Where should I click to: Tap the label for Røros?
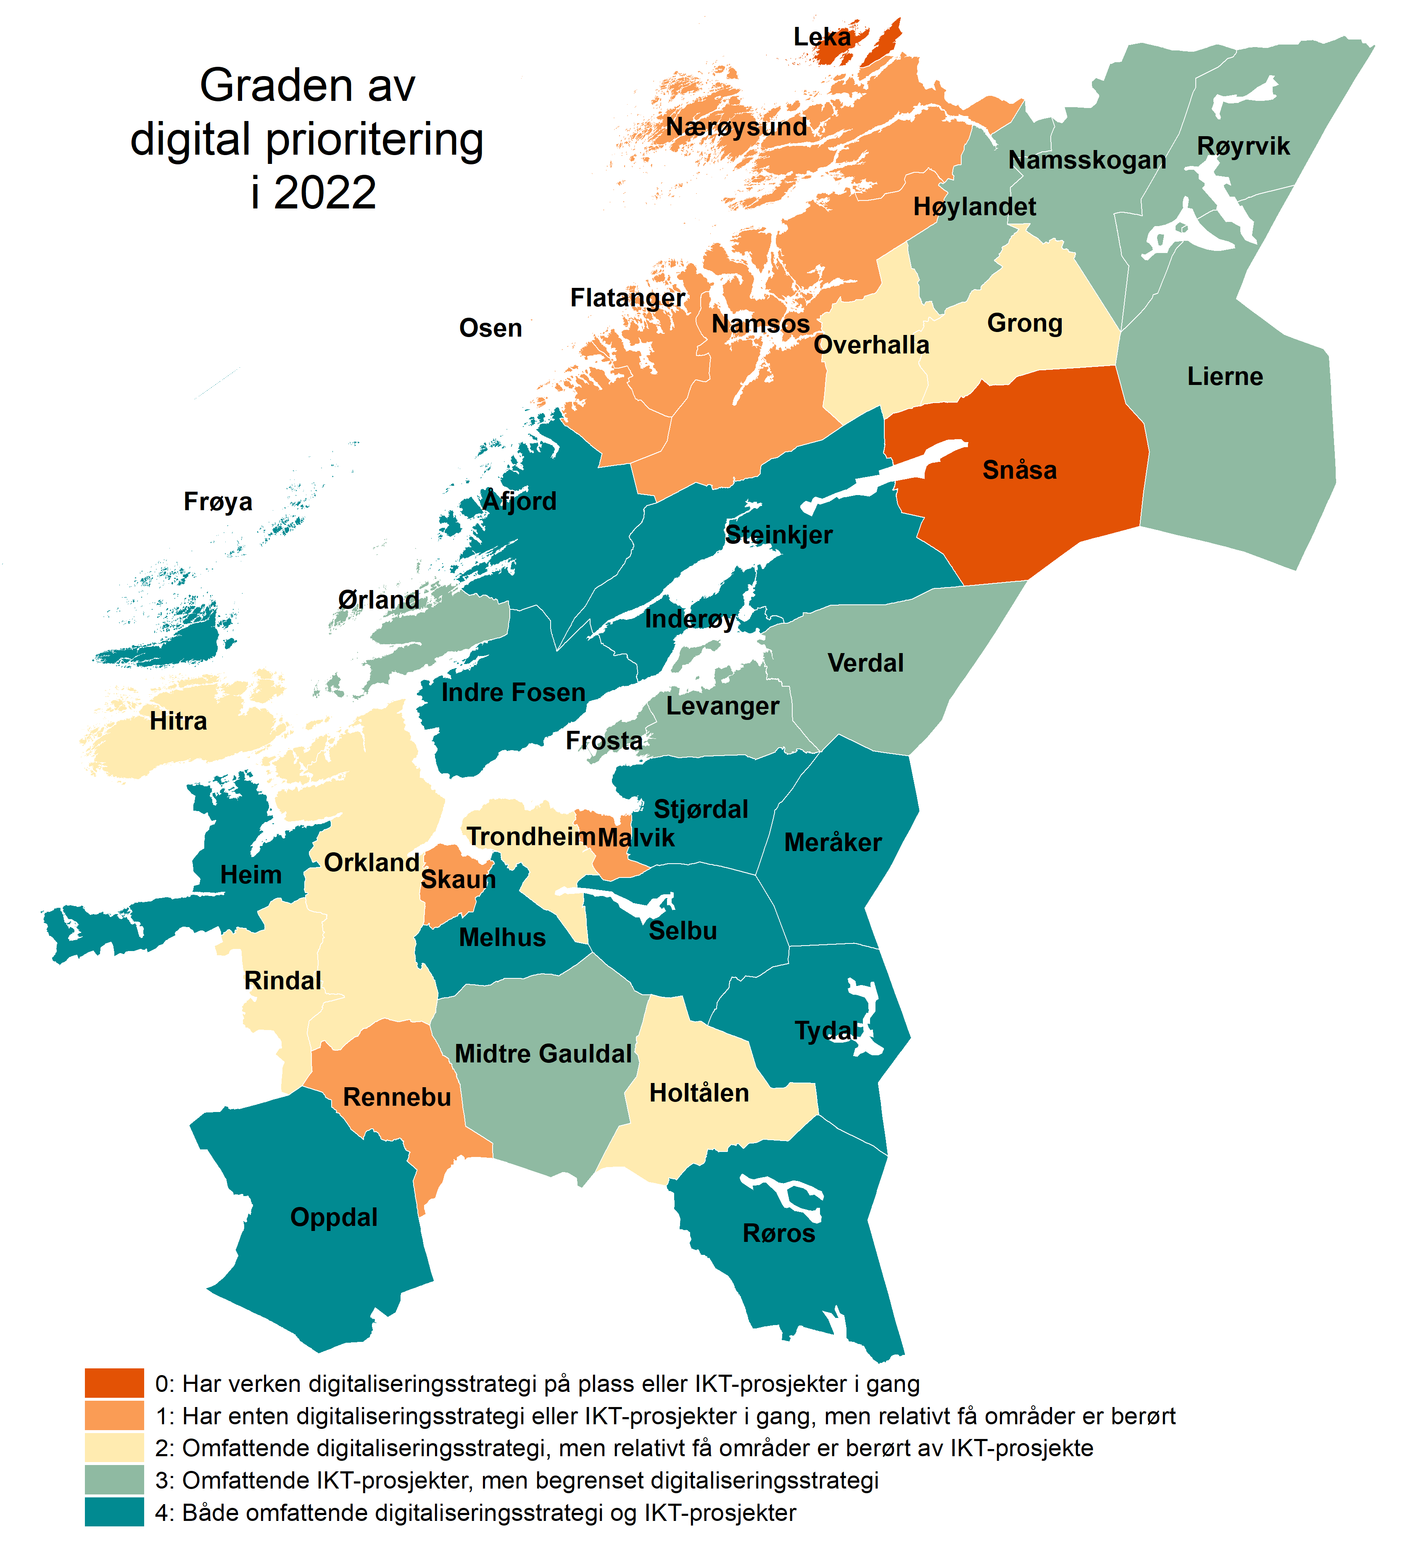coord(778,1233)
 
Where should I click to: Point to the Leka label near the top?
coord(822,36)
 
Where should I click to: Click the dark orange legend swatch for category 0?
coord(114,1383)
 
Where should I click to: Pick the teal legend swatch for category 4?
coord(114,1512)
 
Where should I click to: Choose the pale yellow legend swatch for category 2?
coord(114,1447)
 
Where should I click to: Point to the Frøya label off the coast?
coord(217,501)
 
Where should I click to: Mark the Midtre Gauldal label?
coord(543,1054)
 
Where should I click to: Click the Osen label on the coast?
coord(490,328)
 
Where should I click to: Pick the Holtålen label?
coord(699,1093)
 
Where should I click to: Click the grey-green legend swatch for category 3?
coord(114,1480)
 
